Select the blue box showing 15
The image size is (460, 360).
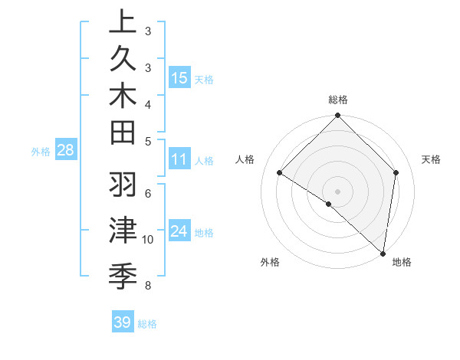tap(179, 77)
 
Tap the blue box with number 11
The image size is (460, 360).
tap(179, 159)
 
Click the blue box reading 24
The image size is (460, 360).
tap(179, 232)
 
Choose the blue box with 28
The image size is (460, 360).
tap(65, 151)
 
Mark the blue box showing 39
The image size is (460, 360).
tap(123, 322)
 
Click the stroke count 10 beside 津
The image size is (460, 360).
tap(148, 240)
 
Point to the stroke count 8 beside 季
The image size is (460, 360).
tap(148, 286)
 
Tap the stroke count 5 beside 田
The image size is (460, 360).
tap(148, 141)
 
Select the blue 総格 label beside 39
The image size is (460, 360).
tap(147, 324)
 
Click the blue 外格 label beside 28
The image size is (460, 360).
tap(41, 152)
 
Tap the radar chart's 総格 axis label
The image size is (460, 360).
tap(338, 100)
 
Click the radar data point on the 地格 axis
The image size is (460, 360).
tap(383, 252)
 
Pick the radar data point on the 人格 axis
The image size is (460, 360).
tap(280, 173)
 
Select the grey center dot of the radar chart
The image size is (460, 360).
tap(337, 191)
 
